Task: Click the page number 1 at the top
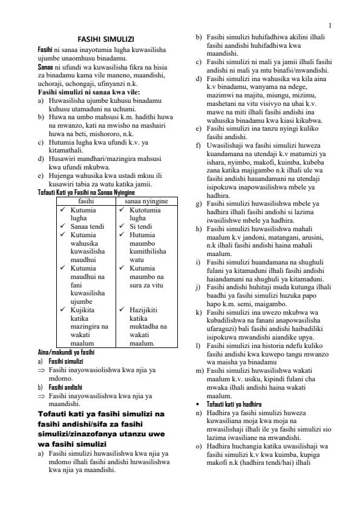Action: point(330,25)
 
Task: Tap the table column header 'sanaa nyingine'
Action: point(146,200)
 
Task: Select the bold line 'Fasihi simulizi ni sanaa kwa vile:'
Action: point(88,91)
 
